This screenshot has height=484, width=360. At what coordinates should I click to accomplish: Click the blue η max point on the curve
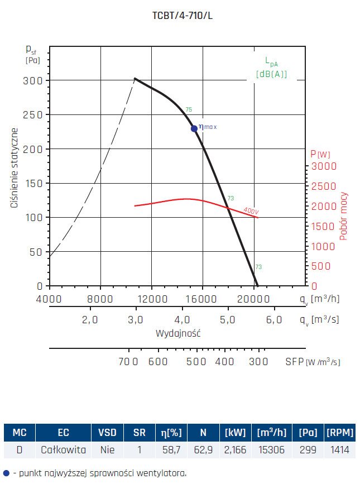[x=194, y=128]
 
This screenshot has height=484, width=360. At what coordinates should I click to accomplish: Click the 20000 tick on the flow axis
[x=253, y=299]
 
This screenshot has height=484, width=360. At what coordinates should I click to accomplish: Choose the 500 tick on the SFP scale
[x=196, y=362]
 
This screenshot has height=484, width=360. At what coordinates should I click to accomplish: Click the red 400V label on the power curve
[x=251, y=211]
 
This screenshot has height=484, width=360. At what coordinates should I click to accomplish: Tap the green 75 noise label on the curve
[x=189, y=109]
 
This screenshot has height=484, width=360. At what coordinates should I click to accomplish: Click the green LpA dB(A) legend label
[x=271, y=68]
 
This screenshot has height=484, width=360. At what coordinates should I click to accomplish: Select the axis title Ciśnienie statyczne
[x=15, y=167]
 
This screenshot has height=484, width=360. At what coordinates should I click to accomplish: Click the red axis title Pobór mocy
[x=344, y=215]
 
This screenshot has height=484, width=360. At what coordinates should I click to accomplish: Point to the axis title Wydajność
[x=178, y=333]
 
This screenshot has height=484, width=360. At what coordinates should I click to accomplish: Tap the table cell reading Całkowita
[x=63, y=448]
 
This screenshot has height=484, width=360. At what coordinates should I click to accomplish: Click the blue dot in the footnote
[x=6, y=473]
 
